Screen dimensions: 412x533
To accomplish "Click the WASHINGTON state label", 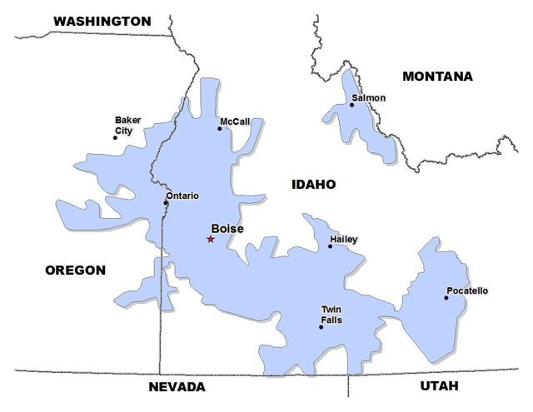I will (102, 21).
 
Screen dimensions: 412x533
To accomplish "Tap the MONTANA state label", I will (437, 77).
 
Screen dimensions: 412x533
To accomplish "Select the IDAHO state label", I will (313, 185).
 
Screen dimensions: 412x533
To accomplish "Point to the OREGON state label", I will (75, 271).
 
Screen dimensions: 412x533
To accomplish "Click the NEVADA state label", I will (177, 388).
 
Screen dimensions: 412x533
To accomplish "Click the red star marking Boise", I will (211, 240).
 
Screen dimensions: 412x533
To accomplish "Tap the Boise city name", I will (227, 229).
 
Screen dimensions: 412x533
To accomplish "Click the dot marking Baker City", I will (116, 137).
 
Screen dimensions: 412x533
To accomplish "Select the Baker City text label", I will (127, 125).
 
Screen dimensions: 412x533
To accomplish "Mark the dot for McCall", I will (221, 128).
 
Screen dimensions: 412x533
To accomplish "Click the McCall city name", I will (235, 122).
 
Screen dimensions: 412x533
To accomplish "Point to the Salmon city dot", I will (351, 105).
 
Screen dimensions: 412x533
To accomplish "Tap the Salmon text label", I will (369, 98).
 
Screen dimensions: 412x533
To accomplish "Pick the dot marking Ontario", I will (166, 203).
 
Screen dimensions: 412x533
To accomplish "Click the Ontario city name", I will (182, 196).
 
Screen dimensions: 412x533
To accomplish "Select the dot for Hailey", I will (330, 246).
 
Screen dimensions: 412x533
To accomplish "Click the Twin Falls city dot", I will (321, 327).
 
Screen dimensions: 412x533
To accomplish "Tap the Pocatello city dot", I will (446, 298).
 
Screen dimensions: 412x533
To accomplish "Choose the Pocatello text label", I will (467, 290).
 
